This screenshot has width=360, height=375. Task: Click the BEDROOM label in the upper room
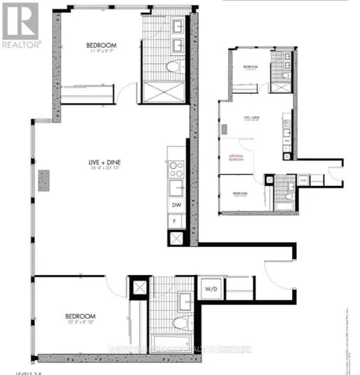click(102, 45)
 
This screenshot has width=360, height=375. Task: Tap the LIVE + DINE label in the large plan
click(103, 162)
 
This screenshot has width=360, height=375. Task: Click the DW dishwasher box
click(176, 205)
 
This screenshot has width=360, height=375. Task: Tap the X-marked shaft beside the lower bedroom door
click(140, 287)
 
